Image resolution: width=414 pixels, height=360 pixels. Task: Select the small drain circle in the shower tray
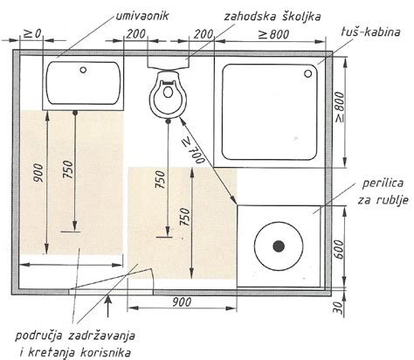point(308,74)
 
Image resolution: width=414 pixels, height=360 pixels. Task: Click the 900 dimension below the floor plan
point(183,302)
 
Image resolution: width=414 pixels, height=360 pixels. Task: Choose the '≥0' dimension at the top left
point(31,35)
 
